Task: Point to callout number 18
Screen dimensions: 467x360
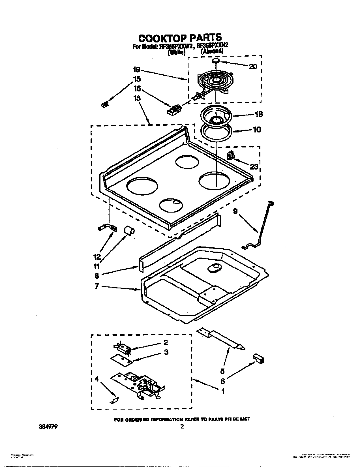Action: tap(258, 114)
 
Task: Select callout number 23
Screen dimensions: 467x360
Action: tap(254, 166)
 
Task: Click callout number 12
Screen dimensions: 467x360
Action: tap(97, 256)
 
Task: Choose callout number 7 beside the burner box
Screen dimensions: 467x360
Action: tap(97, 286)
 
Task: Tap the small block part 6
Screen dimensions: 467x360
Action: tap(259, 358)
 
